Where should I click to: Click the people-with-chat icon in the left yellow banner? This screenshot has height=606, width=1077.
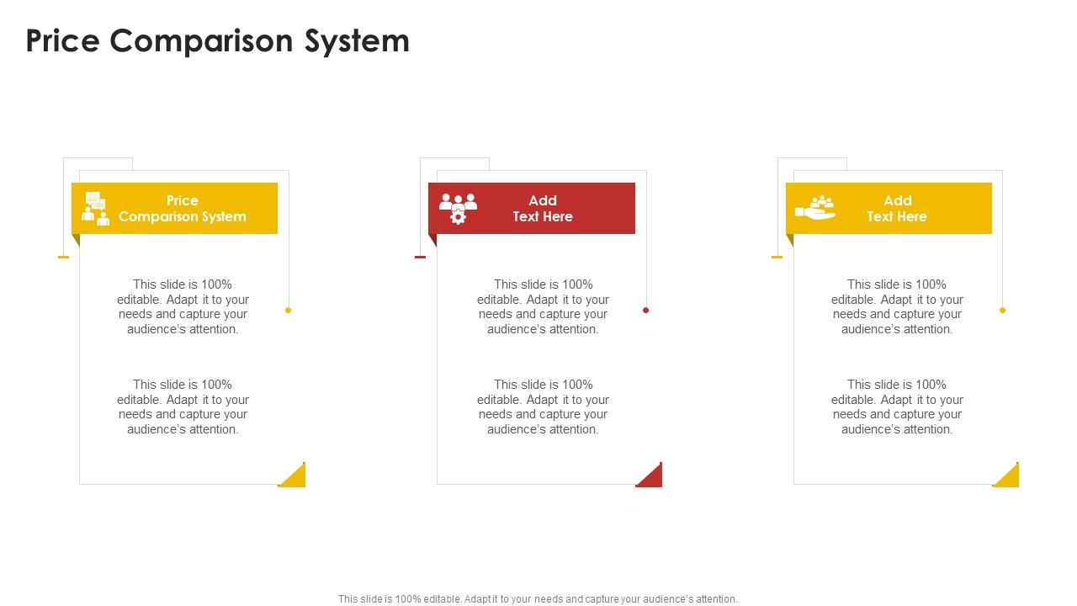[x=95, y=209]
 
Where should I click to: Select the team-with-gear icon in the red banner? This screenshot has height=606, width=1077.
[x=458, y=209]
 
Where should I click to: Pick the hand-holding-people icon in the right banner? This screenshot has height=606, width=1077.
[x=815, y=208]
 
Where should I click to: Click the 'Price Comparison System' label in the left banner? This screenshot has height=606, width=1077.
[x=183, y=209]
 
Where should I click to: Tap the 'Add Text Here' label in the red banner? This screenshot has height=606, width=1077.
[x=543, y=209]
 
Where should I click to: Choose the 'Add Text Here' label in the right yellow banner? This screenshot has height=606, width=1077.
[x=897, y=209]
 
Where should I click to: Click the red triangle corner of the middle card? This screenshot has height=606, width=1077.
[x=652, y=477]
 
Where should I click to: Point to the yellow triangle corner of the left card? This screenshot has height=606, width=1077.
[x=295, y=477]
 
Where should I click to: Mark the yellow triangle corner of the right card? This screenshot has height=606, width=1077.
[x=1009, y=477]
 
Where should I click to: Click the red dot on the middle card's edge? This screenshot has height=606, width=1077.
[x=645, y=311]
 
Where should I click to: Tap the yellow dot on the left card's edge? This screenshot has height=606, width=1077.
[x=288, y=311]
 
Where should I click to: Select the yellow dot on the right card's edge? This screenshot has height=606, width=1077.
[x=1002, y=311]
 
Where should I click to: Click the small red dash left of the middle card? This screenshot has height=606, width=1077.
[x=420, y=257]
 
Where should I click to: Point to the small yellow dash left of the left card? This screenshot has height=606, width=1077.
[x=63, y=257]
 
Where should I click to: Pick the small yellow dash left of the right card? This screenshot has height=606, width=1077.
[x=777, y=257]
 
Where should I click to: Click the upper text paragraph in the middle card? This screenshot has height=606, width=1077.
[x=543, y=307]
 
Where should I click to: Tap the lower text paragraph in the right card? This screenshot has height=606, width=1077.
[x=897, y=407]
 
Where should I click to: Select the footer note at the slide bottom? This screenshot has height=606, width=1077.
[x=538, y=599]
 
